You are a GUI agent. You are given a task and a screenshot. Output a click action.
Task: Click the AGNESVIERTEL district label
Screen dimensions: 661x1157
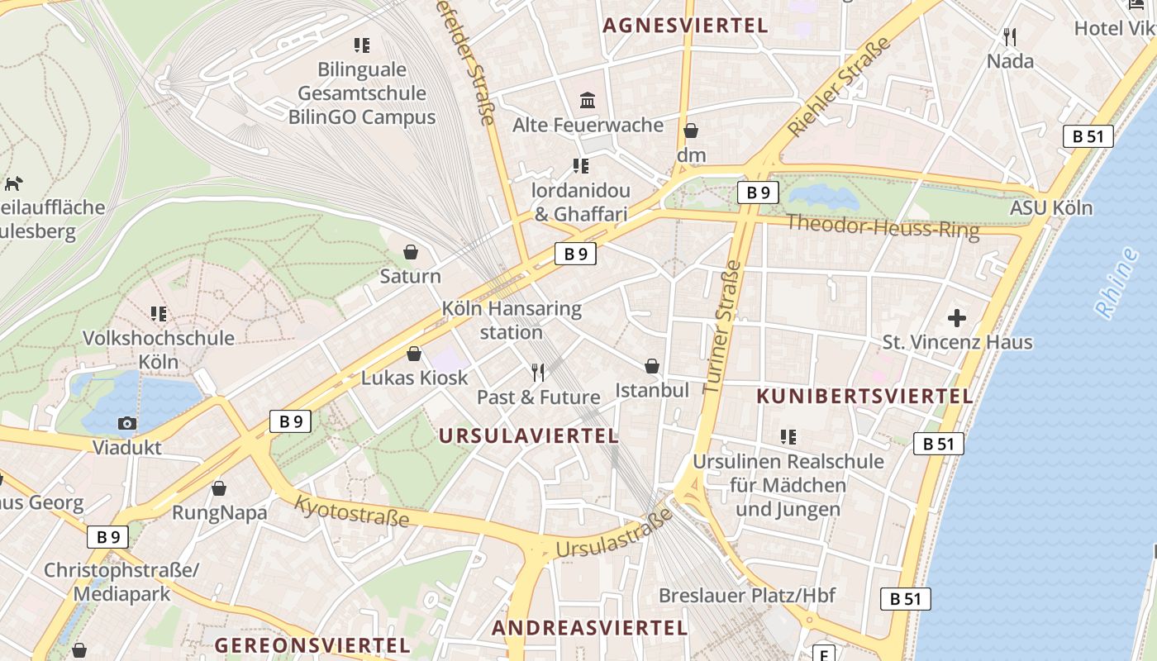[x=685, y=25]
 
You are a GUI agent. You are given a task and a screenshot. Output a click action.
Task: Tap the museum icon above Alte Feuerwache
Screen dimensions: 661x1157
[x=588, y=101]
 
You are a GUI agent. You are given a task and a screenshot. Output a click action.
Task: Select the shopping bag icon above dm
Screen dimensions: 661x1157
[x=691, y=131]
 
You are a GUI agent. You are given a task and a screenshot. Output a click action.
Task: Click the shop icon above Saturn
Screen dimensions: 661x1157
[x=410, y=251]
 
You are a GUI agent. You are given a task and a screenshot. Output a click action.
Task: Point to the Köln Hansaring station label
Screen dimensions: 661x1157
[x=512, y=321]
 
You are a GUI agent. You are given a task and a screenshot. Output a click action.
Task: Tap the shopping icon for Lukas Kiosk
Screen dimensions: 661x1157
[x=414, y=354]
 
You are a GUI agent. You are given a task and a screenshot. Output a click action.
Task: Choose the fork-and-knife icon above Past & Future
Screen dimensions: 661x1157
[x=538, y=373]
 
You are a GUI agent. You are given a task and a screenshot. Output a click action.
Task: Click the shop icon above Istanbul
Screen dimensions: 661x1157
[x=652, y=365]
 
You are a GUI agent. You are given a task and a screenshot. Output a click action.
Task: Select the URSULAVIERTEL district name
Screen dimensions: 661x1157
[x=528, y=435]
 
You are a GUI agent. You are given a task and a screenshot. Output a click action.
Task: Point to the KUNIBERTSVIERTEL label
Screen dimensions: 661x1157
[x=864, y=396]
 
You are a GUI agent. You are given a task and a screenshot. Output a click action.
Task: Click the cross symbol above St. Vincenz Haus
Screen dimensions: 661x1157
[x=957, y=317]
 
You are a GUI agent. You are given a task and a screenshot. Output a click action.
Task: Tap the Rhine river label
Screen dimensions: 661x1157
[x=1117, y=283]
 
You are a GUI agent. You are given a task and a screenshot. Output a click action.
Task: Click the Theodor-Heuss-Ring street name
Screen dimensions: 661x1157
[x=882, y=226]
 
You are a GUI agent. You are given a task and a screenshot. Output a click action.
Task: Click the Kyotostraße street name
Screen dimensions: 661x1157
[x=352, y=511]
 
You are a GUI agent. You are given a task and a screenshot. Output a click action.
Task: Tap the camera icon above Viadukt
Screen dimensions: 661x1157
[x=126, y=423]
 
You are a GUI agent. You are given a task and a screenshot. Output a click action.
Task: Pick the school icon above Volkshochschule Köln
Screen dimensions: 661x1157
[x=159, y=314]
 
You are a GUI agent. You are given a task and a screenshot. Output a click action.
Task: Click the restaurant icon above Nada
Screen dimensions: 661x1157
[x=1009, y=37]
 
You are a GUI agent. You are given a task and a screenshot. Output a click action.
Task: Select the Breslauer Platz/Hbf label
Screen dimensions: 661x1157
[x=746, y=595]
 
